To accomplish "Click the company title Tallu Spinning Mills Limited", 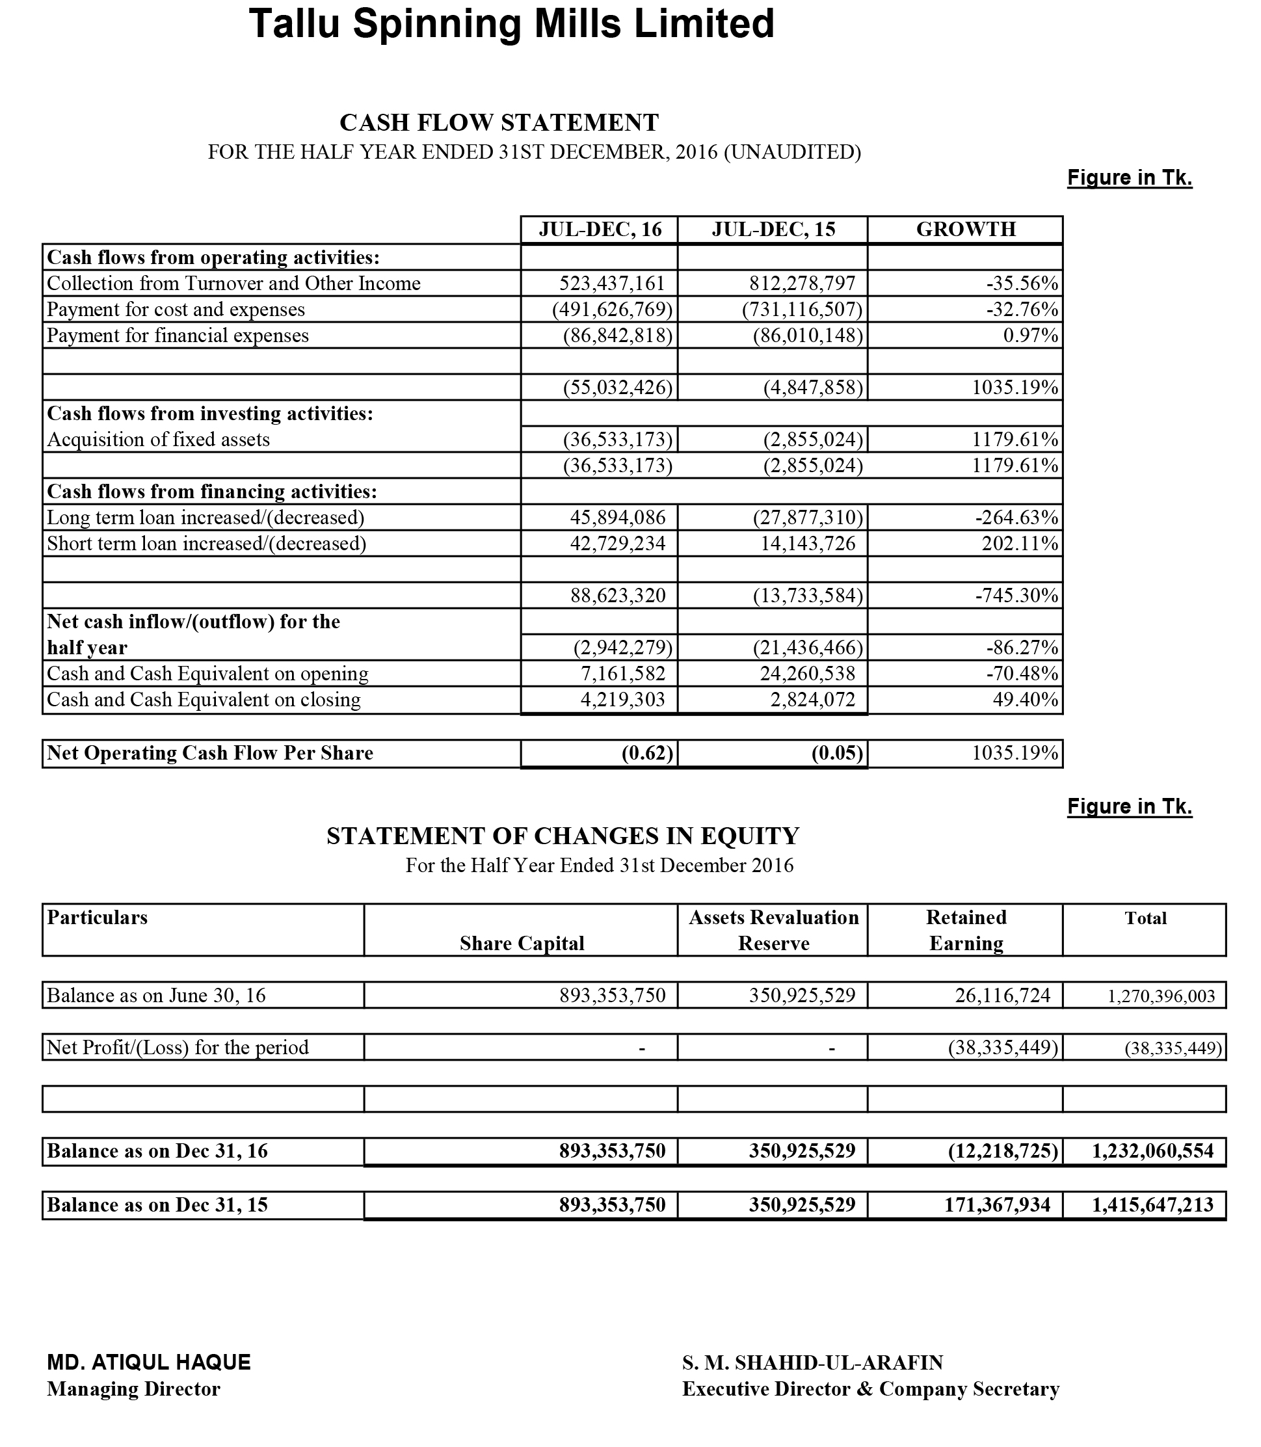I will click(512, 24).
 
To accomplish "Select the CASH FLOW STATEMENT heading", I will click(499, 122).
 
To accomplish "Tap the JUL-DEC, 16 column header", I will click(600, 230).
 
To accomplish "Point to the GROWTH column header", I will click(966, 230).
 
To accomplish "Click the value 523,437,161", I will click(612, 284).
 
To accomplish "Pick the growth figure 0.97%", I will click(1030, 336).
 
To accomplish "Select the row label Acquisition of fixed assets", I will click(158, 440).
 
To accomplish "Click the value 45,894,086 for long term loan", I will click(617, 518).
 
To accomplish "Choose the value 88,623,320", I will click(617, 596).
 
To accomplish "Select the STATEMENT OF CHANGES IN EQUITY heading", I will click(563, 836).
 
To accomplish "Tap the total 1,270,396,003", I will click(1161, 996).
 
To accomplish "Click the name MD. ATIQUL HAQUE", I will click(148, 1362).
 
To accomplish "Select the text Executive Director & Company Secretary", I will click(870, 1389).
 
